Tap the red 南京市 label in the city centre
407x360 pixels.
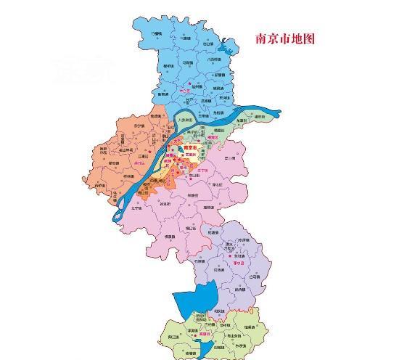click(x=192, y=148)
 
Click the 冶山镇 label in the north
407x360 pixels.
click(x=209, y=44)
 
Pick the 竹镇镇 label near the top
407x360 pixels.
click(x=156, y=33)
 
